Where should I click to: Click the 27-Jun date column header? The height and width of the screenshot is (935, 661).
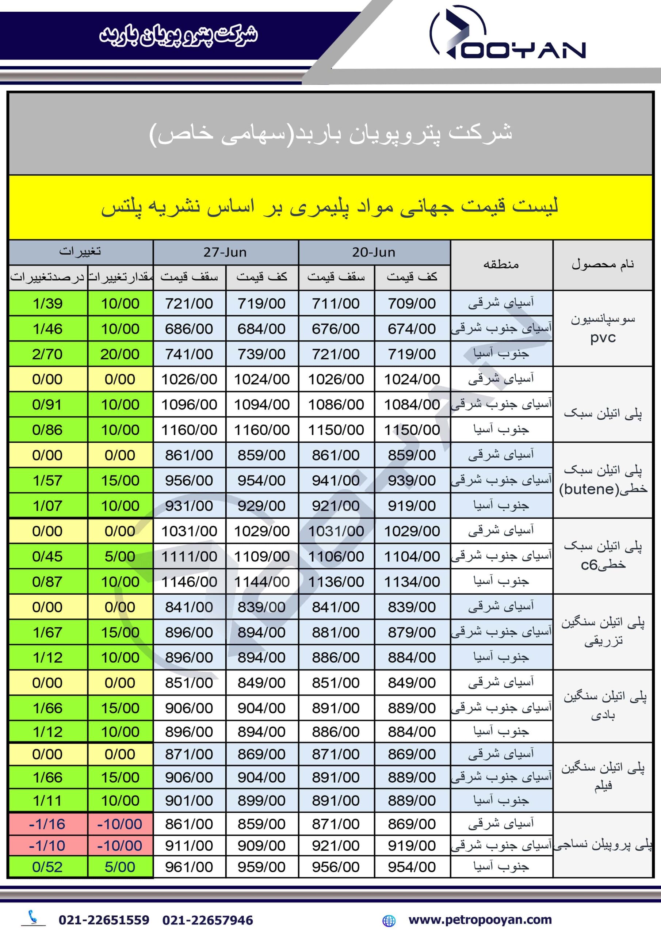point(225,252)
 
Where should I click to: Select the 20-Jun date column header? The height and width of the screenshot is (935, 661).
point(374,252)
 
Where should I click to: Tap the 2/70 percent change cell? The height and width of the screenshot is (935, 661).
point(47,354)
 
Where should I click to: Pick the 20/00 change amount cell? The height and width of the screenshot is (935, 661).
point(120,354)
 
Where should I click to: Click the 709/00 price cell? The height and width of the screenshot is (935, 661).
point(412,304)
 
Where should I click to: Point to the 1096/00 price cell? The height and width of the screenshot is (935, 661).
point(189,404)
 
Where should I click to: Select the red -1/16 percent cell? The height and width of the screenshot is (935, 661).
point(47,824)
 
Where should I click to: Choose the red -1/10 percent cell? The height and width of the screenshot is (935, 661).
point(47,846)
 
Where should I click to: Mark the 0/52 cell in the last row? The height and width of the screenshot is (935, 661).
point(47,867)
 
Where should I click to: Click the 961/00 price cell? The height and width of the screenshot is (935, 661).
point(189,867)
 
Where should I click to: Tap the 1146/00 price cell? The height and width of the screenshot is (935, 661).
point(189,581)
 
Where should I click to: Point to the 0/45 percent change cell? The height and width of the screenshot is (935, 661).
point(47,556)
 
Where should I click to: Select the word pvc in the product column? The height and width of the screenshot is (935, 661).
point(603,338)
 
